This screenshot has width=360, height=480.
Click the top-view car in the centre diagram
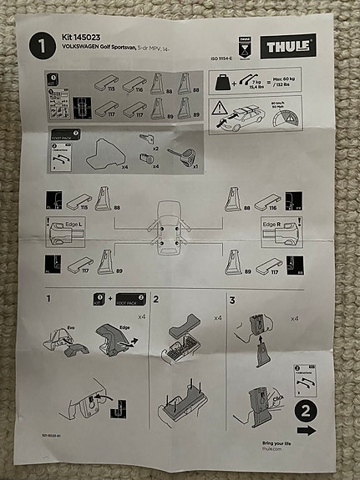coord(164,230)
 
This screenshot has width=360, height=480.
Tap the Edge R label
coord(271,225)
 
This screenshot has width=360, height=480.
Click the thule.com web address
coord(250,448)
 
